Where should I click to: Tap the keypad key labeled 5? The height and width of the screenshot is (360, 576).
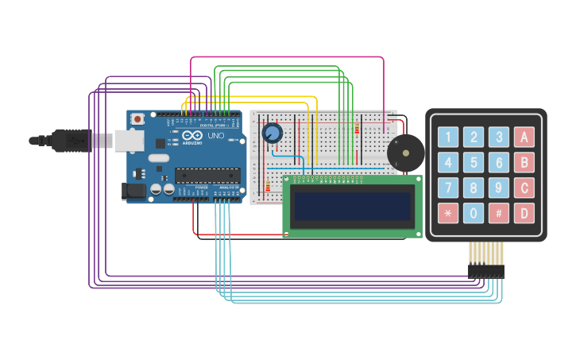tap(474, 163)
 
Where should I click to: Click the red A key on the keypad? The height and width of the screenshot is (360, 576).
tap(524, 137)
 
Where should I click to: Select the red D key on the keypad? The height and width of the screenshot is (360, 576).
tap(524, 213)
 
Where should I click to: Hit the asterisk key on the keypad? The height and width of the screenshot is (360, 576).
tap(449, 213)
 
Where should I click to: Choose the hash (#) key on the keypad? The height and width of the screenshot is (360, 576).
tap(499, 213)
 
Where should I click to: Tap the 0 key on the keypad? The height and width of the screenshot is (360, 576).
tap(474, 213)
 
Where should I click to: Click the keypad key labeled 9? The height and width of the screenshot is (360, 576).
tap(499, 188)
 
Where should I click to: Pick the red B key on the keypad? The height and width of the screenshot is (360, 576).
tap(524, 163)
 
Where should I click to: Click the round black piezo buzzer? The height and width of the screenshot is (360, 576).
tap(405, 153)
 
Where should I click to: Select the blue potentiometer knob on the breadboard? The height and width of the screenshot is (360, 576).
tap(273, 133)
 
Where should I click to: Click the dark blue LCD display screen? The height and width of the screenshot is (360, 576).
tap(353, 206)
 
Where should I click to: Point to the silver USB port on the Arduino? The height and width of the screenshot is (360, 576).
tap(128, 141)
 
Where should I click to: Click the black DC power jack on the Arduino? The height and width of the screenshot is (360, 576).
tap(133, 190)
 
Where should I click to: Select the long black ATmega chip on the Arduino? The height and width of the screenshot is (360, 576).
tap(207, 175)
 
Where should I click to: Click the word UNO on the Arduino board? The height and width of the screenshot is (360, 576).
tap(216, 136)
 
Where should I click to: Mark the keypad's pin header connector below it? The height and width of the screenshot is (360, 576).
tap(485, 271)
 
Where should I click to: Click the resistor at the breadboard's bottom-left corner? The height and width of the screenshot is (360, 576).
tap(268, 188)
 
